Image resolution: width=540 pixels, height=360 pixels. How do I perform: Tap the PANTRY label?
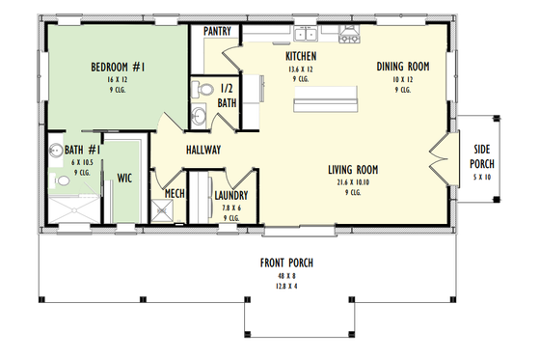pos(216,31)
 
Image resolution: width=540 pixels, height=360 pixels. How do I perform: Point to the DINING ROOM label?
pos(403,66)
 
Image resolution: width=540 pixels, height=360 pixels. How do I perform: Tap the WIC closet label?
pos(124,179)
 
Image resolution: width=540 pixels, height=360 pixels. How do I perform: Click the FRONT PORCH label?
pos(285,263)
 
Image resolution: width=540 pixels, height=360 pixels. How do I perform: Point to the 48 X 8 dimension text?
pos(285,275)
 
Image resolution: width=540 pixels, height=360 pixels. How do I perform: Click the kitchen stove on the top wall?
pos(347,37)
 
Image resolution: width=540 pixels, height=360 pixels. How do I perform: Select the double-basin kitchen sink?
pos(310,36)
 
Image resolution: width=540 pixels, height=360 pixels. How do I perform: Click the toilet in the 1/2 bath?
pos(202,90)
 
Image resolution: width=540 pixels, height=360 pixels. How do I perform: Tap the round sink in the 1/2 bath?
pos(198,117)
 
